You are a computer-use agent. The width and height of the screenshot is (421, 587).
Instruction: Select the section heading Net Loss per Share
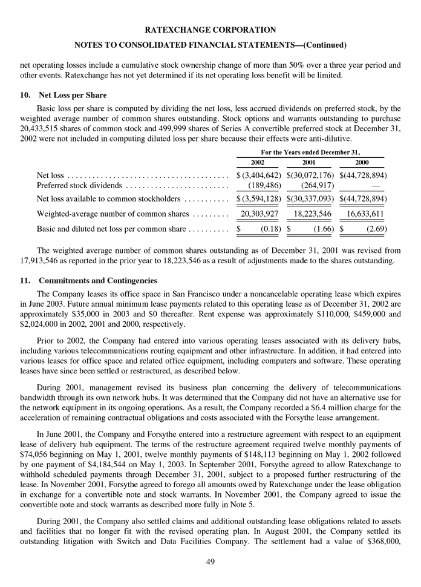(x=73, y=96)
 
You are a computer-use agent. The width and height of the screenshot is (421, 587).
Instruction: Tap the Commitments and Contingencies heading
(x=97, y=281)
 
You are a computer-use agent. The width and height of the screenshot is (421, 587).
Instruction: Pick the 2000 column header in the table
(x=361, y=163)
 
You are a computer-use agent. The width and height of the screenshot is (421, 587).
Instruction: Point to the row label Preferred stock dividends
(x=79, y=186)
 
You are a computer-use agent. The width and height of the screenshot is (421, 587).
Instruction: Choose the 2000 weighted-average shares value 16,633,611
(x=362, y=214)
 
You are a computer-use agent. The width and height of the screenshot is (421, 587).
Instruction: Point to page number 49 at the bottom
(x=211, y=562)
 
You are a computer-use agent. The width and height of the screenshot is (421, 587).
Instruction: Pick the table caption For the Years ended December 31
(x=309, y=152)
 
